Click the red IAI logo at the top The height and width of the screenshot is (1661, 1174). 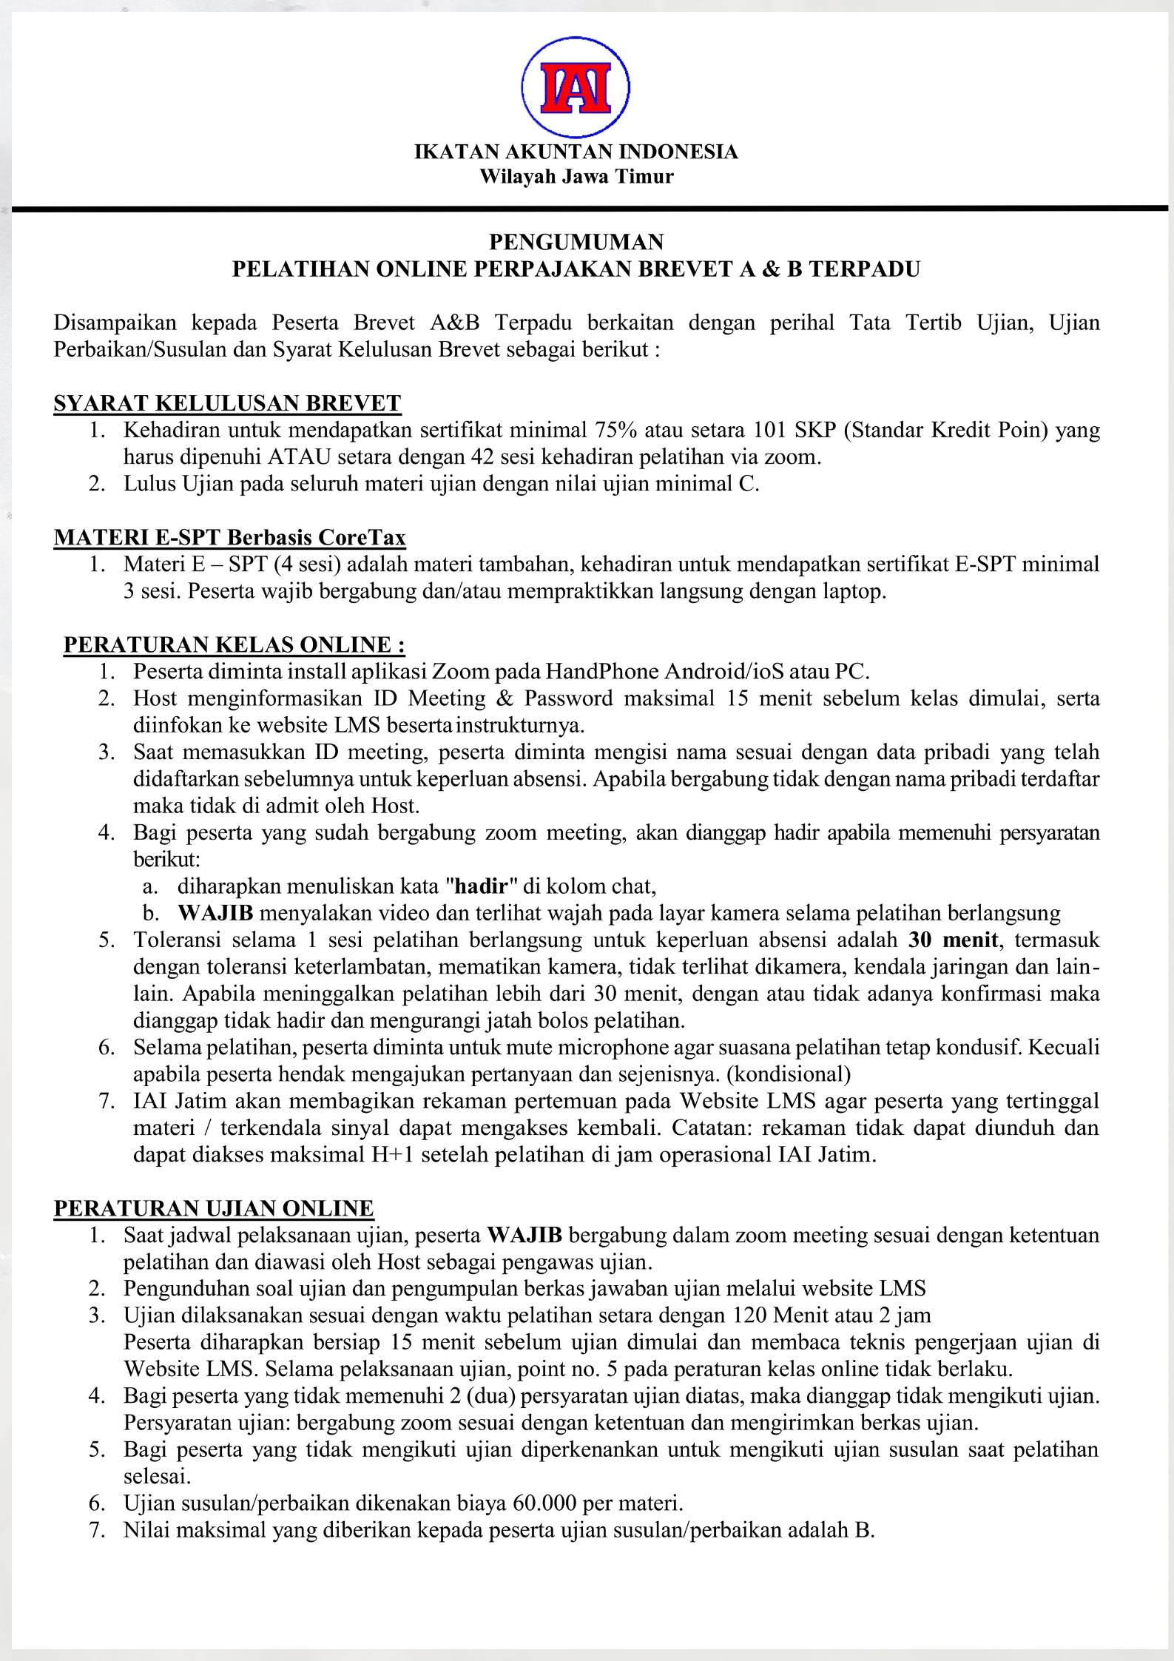tap(576, 87)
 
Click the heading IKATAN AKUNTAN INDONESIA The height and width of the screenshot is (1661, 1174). tap(576, 152)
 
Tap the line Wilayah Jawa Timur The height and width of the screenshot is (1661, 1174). tap(576, 177)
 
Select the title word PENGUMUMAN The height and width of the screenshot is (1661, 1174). tap(576, 242)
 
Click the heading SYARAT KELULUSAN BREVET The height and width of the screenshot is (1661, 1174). tap(227, 403)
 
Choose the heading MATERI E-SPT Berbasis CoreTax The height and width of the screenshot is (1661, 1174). tap(229, 537)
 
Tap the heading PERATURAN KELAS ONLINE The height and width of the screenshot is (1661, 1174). tap(234, 644)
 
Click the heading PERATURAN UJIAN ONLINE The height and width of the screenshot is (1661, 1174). tap(214, 1208)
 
